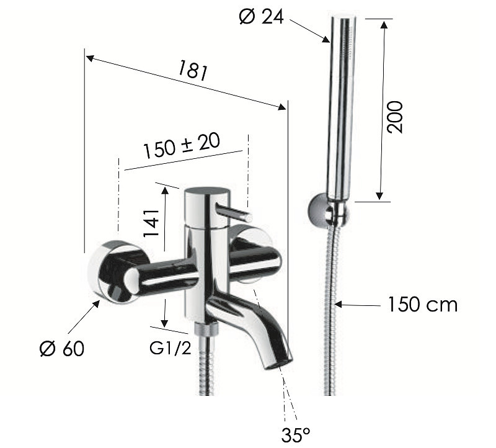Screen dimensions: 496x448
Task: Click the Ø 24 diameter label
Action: coord(261,17)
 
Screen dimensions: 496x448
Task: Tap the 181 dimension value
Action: coord(192,71)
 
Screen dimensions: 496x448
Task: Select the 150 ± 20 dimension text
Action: coord(182,146)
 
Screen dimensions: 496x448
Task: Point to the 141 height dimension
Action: coord(151,222)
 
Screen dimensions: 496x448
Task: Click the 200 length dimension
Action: coord(395,117)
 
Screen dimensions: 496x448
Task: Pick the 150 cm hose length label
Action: coord(423,305)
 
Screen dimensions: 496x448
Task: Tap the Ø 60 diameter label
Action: coord(62,349)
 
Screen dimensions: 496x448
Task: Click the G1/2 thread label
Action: coord(170,349)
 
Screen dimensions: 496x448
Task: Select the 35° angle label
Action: coord(296,435)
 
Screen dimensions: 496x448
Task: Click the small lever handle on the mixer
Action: coord(234,212)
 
